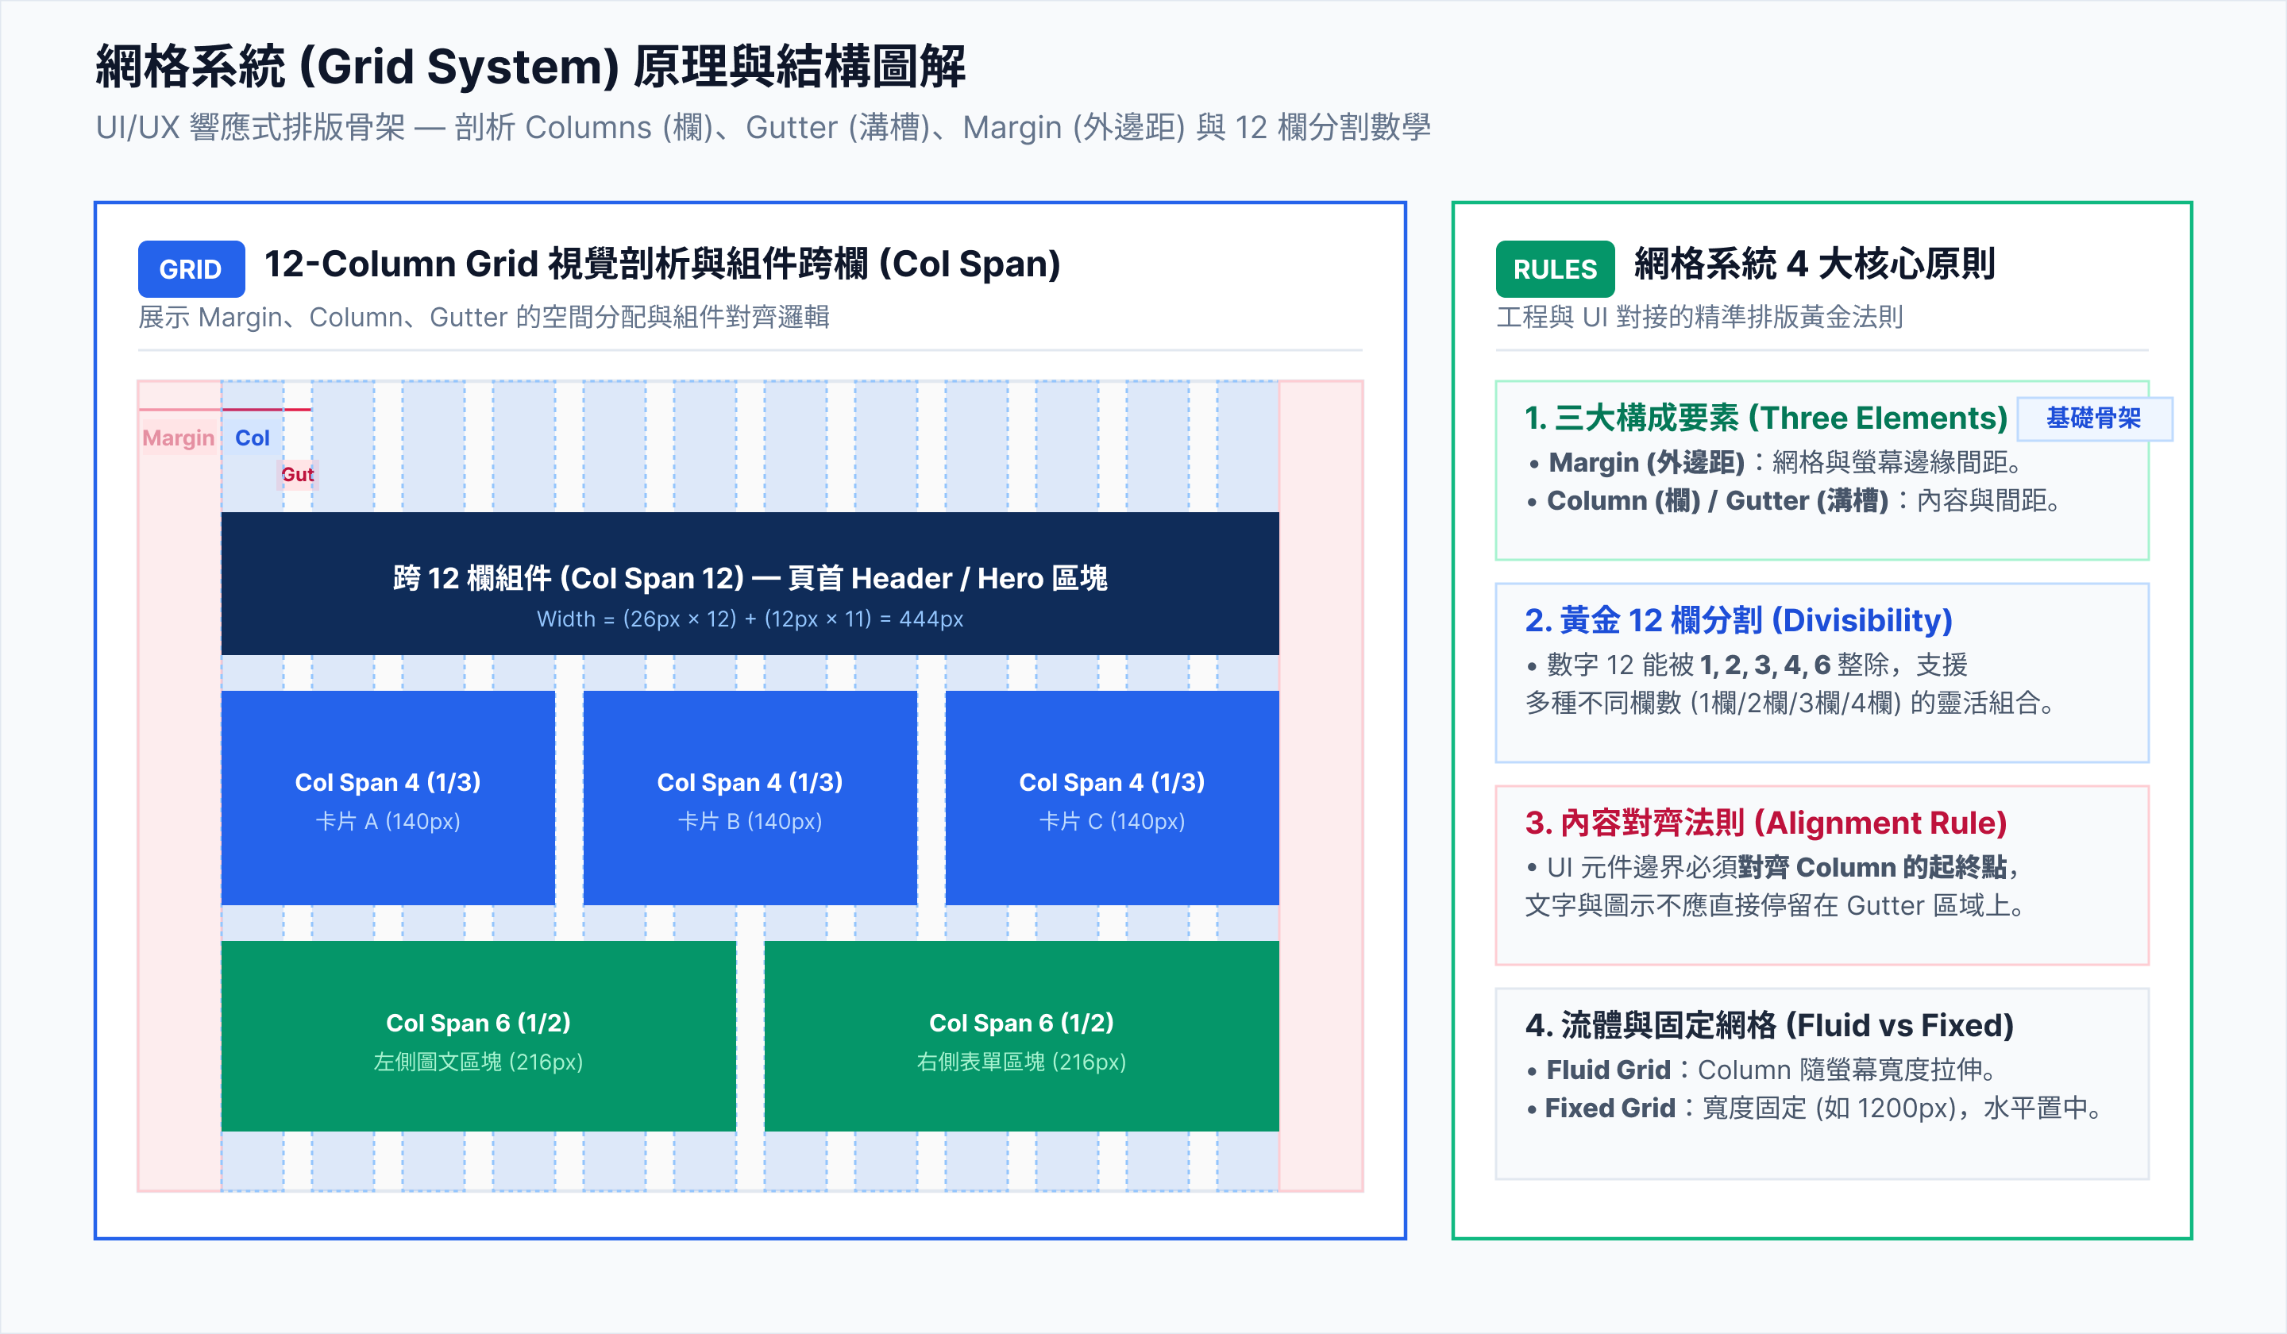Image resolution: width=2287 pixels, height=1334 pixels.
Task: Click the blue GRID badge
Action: coord(191,268)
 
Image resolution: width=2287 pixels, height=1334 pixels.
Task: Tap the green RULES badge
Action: coord(1555,268)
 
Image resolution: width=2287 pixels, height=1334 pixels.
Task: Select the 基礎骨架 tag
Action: coord(2094,418)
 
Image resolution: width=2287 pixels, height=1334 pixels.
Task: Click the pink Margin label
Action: coord(178,438)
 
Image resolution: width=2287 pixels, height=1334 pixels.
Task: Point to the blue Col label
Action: coord(253,438)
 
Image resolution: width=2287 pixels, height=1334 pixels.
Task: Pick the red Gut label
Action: coord(297,474)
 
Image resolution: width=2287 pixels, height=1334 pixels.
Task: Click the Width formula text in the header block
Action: coord(750,619)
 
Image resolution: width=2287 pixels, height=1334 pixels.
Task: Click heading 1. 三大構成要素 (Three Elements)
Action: coord(1766,418)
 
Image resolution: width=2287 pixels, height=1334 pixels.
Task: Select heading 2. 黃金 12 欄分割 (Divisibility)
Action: coord(1738,620)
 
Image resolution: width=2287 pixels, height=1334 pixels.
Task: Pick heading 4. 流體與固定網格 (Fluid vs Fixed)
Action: coord(1768,1024)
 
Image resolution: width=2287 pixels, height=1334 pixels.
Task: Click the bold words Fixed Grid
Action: coord(1610,1108)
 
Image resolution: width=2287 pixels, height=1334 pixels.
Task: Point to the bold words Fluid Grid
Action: coord(1608,1070)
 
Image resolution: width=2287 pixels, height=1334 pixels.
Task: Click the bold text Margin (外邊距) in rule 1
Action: coord(1646,463)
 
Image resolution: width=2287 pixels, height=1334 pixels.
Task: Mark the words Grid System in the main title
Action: coord(459,67)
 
